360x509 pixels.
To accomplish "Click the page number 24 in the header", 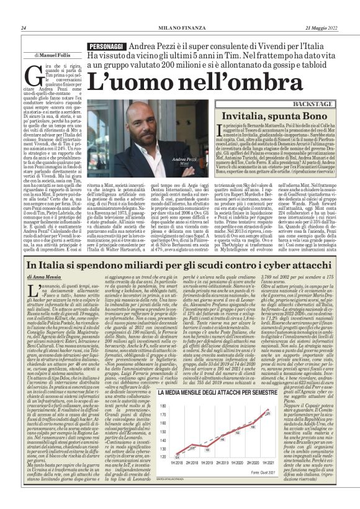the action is pyautogui.click(x=23, y=28).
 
